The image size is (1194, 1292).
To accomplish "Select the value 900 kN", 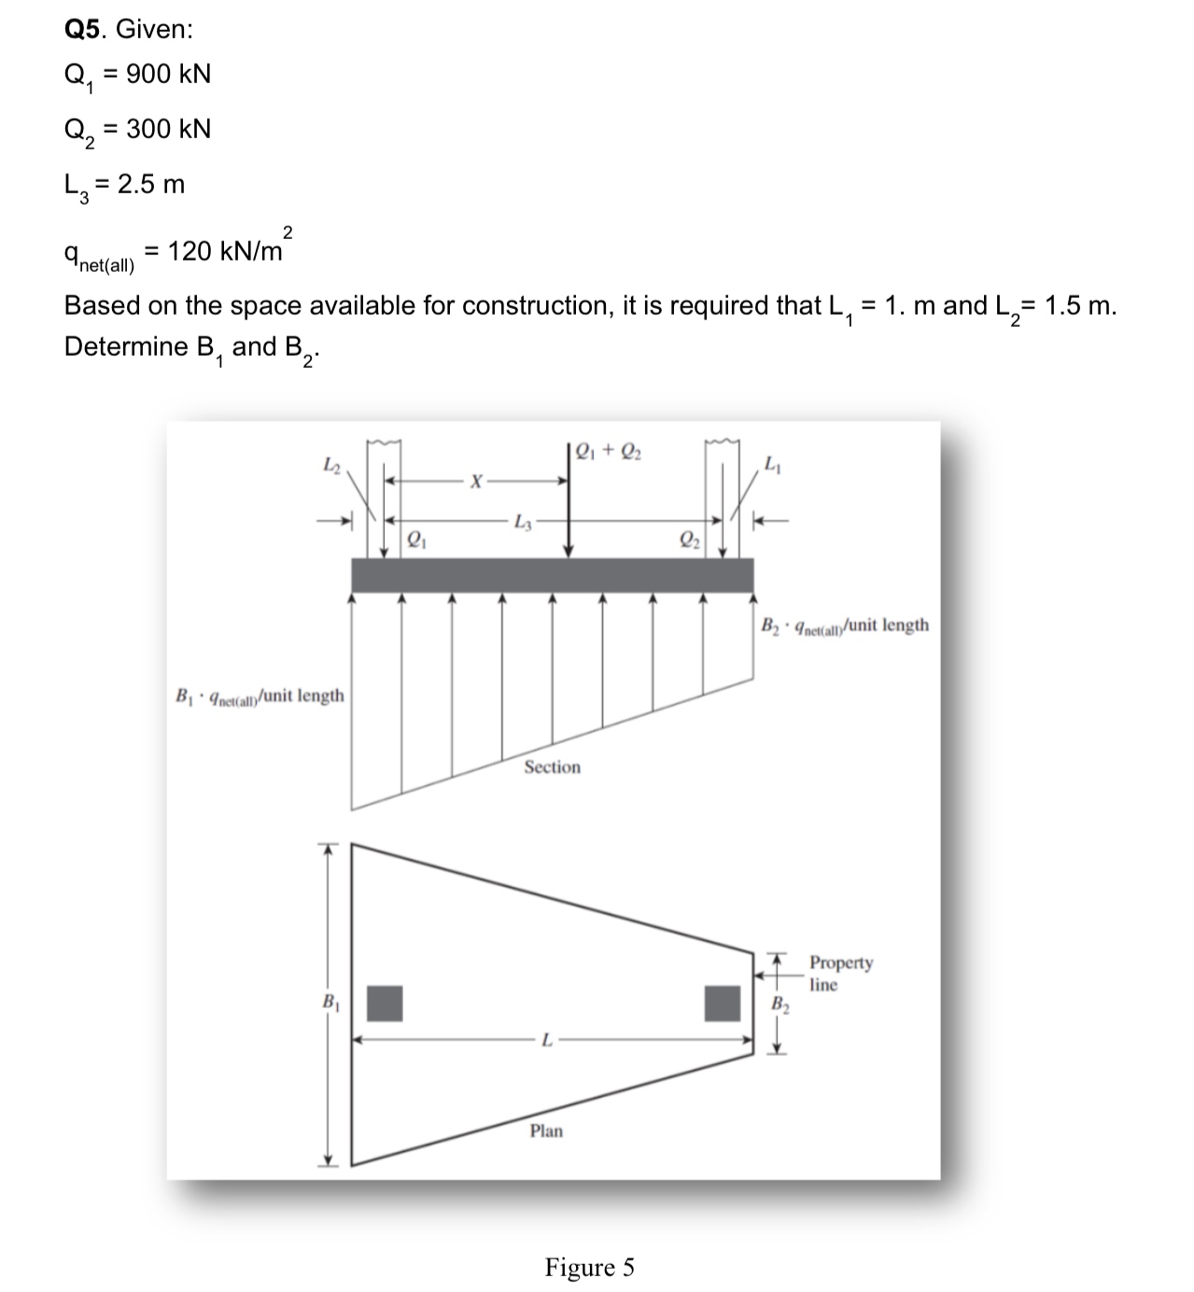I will (168, 75).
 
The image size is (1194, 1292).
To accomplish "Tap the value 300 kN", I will (168, 129).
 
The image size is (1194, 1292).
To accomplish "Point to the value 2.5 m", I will (151, 184).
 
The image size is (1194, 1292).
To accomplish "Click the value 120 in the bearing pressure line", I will (190, 251).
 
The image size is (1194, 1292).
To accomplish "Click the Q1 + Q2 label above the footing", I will (608, 451).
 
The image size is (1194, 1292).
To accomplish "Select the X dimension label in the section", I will (476, 482).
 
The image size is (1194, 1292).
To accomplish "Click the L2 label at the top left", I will (332, 463).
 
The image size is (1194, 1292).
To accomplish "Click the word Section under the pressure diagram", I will (552, 767).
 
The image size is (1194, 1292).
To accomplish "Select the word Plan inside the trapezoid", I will (546, 1131).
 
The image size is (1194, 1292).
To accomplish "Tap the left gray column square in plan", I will (384, 1003).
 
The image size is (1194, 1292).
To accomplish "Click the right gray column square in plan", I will (723, 1003).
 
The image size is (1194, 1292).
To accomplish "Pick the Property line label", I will (839, 973).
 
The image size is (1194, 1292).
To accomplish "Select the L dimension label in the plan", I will (547, 1039).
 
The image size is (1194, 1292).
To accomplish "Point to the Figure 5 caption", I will (589, 1268).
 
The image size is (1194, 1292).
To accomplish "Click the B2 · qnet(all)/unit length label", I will (845, 625).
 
